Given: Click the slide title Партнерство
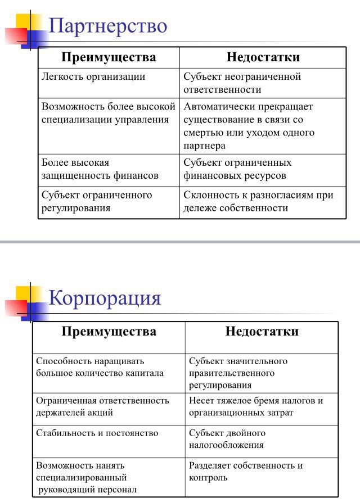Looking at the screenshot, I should [x=108, y=26].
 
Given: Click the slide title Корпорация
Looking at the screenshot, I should [x=105, y=297].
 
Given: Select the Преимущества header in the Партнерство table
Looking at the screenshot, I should [x=109, y=57].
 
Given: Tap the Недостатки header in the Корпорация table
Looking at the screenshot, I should [x=262, y=331].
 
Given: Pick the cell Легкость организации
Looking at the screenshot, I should [x=93, y=77].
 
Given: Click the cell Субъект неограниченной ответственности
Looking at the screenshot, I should [x=242, y=83].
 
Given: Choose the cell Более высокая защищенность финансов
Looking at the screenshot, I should [x=100, y=169].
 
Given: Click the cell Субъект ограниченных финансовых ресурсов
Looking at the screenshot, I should [x=237, y=169].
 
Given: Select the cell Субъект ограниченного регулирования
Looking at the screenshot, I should [x=97, y=201].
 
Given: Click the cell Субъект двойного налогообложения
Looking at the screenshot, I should [x=227, y=439].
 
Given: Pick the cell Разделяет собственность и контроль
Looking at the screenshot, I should [x=246, y=472].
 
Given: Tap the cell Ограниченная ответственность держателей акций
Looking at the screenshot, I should [x=102, y=406].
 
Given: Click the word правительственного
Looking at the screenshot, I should [x=232, y=373].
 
